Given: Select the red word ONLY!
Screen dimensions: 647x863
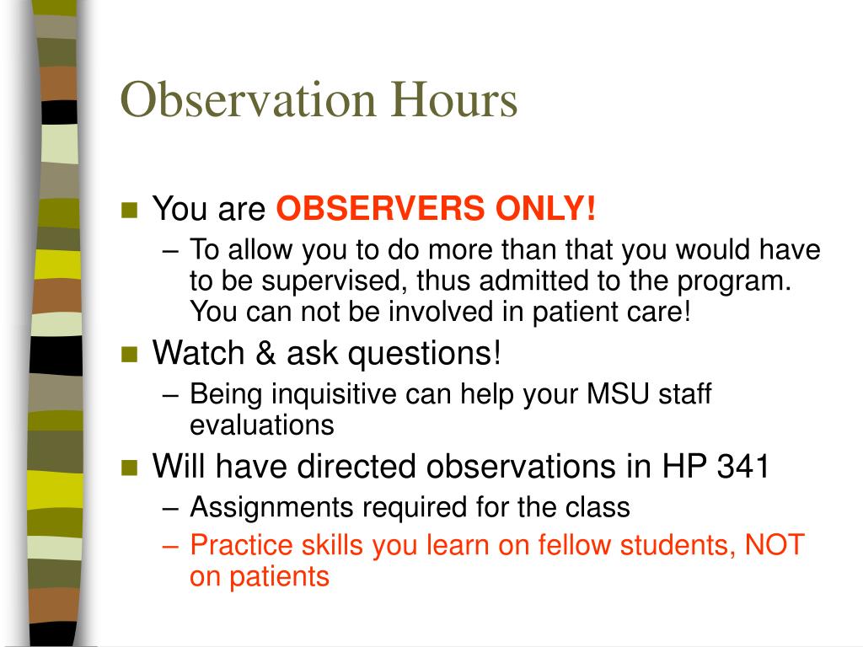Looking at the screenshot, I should coord(544,208).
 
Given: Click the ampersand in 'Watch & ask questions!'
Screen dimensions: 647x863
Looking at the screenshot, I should coord(267,354).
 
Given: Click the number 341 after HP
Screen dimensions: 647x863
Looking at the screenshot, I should coord(742,467).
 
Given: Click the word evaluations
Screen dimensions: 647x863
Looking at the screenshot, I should coord(261,425).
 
